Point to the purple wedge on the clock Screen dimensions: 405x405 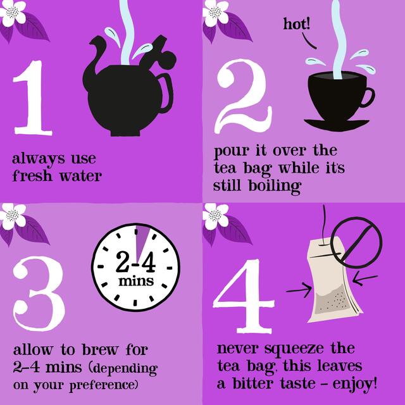(140, 239)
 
